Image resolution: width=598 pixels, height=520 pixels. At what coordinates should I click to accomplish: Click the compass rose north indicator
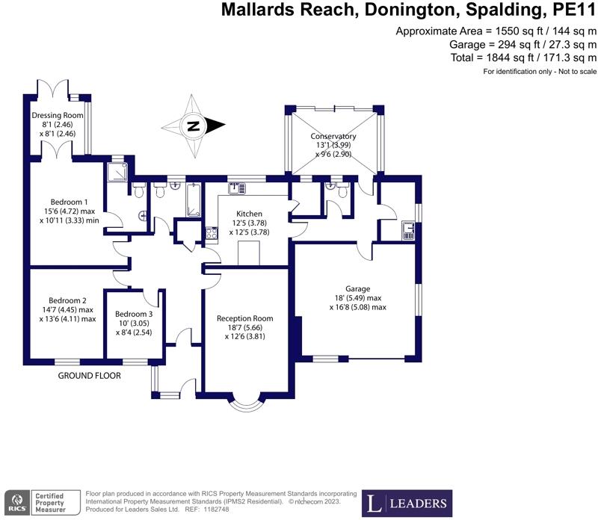pos(194,126)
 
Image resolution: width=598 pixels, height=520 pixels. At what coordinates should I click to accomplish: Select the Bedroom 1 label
pos(70,202)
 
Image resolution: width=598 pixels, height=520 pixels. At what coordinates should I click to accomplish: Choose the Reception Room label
pos(244,318)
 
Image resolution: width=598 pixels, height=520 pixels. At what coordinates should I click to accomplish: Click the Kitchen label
pos(251,214)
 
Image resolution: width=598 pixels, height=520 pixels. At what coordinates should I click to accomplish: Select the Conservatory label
pos(333,137)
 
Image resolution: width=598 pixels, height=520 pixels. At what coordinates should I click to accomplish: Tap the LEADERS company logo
pos(407,501)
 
